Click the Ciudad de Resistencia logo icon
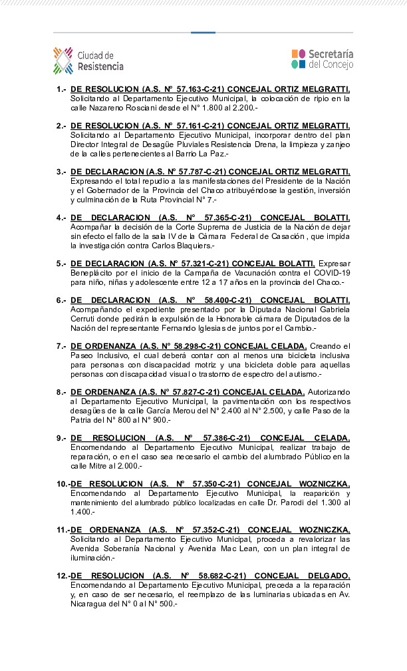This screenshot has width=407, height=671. click(x=63, y=60)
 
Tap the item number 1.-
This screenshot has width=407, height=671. click(x=62, y=89)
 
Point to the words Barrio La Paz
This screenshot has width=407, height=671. click(x=207, y=153)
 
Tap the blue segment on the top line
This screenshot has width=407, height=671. click(x=203, y=32)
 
